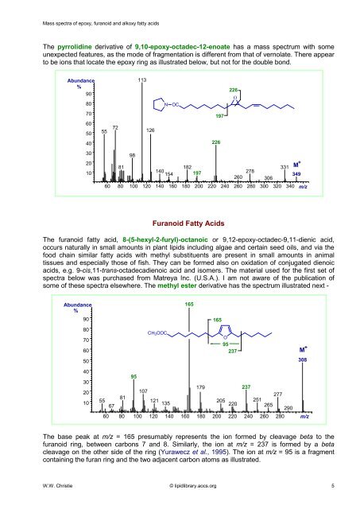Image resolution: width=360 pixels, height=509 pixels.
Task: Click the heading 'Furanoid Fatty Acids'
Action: (179, 224)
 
